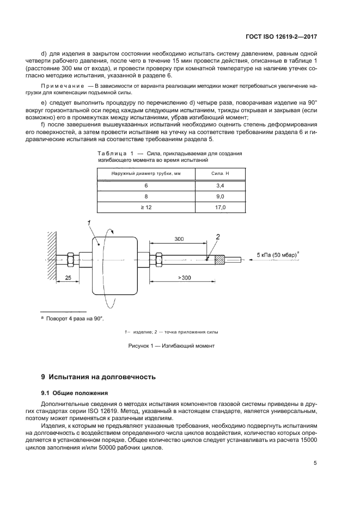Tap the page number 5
[x=315, y=463]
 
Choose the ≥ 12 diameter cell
[x=145, y=208]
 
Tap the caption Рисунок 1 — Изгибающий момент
[x=172, y=346]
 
